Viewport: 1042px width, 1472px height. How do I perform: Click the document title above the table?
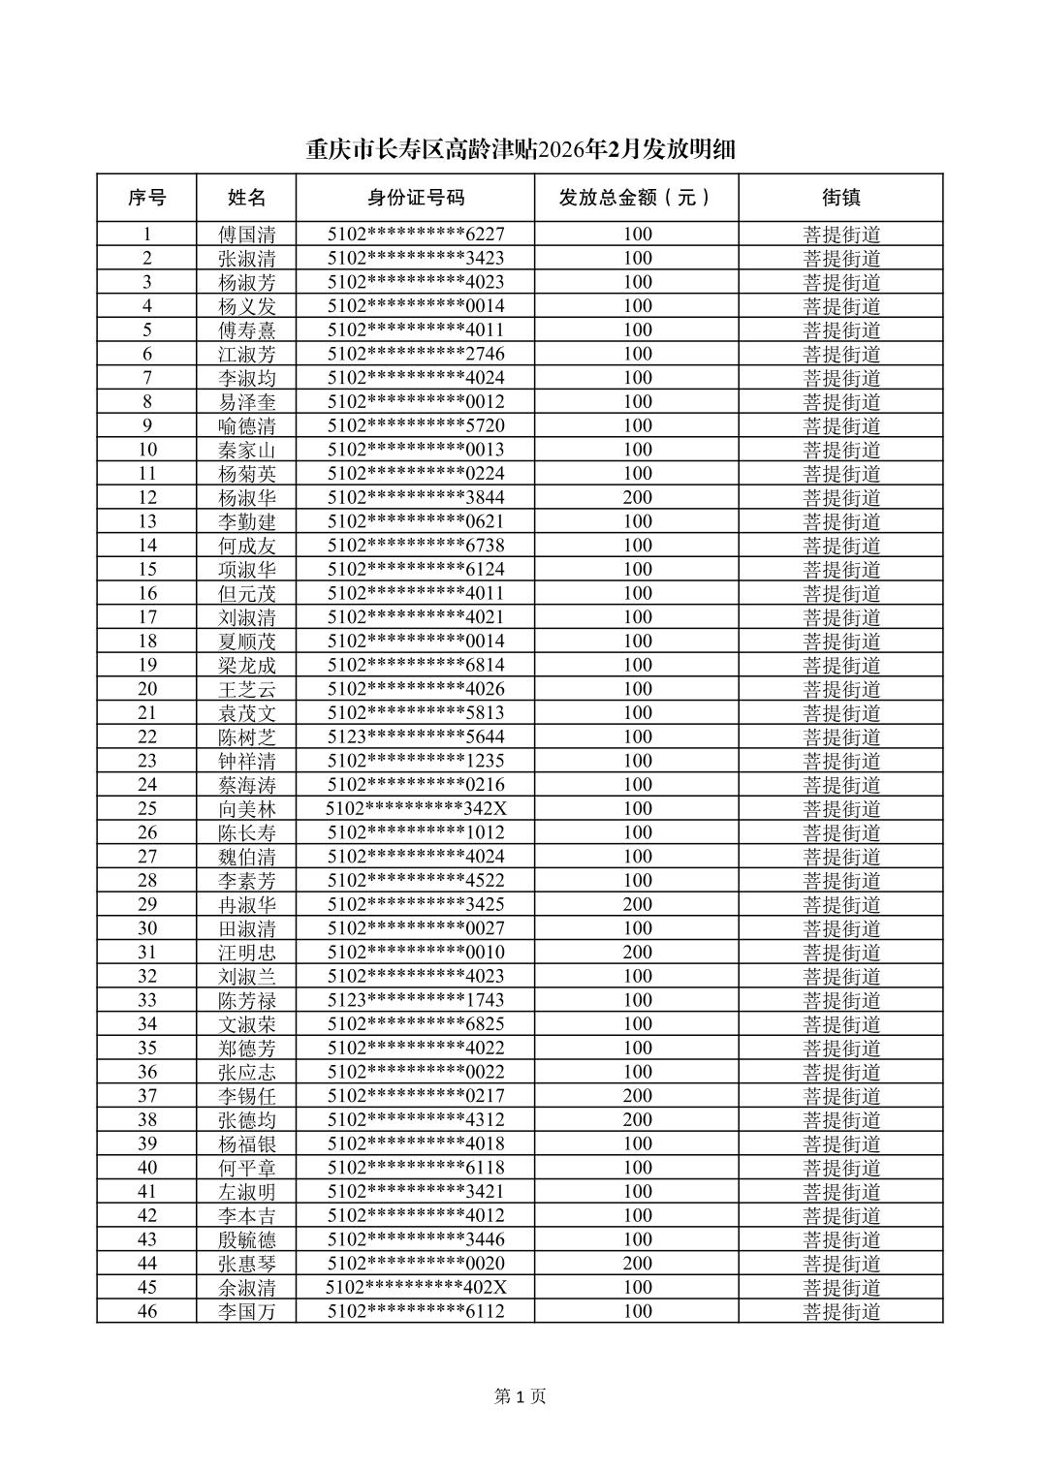click(521, 150)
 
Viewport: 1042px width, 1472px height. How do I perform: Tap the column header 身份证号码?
click(415, 198)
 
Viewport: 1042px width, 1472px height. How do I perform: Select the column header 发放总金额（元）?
click(636, 198)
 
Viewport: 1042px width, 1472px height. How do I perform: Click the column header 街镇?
click(840, 198)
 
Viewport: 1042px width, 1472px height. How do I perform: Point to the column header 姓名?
click(246, 198)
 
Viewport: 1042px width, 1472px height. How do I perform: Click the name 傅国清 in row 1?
click(246, 235)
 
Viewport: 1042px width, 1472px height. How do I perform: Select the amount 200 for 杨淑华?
click(637, 497)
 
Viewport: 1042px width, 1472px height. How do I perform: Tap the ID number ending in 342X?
click(416, 809)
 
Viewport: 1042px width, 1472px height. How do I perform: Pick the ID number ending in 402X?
click(416, 1288)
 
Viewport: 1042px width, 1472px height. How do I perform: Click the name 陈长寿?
click(246, 833)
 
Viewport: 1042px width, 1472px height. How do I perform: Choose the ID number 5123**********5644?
click(416, 737)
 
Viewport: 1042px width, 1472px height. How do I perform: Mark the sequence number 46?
click(147, 1311)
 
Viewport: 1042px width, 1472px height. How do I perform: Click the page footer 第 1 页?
click(521, 1396)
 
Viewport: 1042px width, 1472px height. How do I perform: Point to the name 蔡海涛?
click(246, 785)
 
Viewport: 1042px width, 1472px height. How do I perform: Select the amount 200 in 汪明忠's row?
click(637, 953)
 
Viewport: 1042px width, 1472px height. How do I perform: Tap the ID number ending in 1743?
click(416, 1000)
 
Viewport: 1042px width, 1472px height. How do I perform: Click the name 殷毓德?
click(246, 1239)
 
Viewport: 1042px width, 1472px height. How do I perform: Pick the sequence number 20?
click(147, 689)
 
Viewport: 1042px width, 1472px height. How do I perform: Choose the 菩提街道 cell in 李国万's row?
click(841, 1311)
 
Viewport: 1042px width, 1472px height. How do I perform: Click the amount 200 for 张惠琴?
click(637, 1264)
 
